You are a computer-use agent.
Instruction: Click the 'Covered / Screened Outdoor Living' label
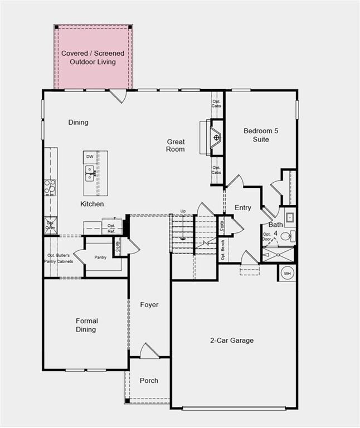[x=93, y=57]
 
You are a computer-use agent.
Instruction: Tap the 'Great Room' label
[x=176, y=145]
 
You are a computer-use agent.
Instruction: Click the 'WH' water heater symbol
[x=288, y=273]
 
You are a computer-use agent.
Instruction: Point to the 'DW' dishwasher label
[x=89, y=157]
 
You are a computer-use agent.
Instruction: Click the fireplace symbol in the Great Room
[x=216, y=137]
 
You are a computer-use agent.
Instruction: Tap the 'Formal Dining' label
[x=86, y=325]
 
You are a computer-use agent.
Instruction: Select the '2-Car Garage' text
[x=231, y=341]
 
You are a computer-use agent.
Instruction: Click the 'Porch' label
[x=148, y=381]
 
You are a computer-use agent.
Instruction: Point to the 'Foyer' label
[x=149, y=305]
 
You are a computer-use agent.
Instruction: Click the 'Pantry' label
[x=100, y=257]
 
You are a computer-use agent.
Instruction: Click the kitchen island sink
[x=89, y=172]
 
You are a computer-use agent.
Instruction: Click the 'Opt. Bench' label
[x=222, y=249]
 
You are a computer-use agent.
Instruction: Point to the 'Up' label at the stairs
[x=183, y=211]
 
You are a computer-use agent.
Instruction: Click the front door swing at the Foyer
[x=149, y=351]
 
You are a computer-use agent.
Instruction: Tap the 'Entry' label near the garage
[x=243, y=208]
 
